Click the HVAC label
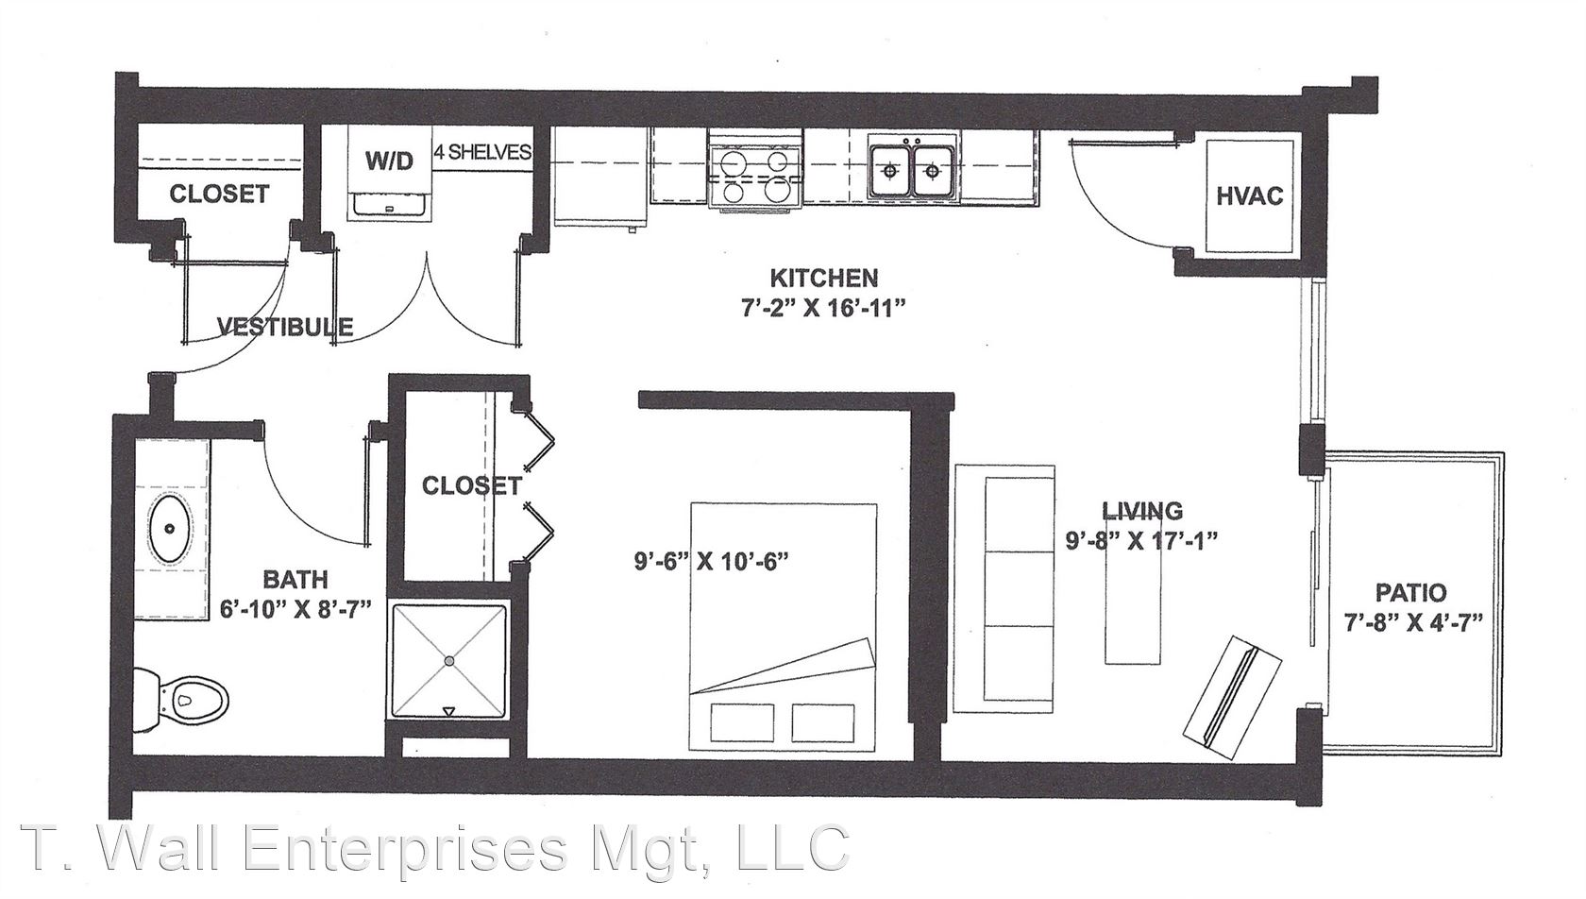point(1250,195)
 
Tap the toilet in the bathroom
point(181,701)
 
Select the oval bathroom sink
point(170,529)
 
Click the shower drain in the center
point(449,661)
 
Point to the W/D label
point(389,161)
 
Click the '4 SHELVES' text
point(482,152)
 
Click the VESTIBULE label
point(285,327)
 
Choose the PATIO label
point(1411,591)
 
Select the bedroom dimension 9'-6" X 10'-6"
point(712,562)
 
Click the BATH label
point(295,580)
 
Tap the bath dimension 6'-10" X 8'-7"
point(296,610)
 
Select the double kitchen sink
point(914,170)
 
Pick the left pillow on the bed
point(741,721)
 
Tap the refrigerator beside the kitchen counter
point(600,178)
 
